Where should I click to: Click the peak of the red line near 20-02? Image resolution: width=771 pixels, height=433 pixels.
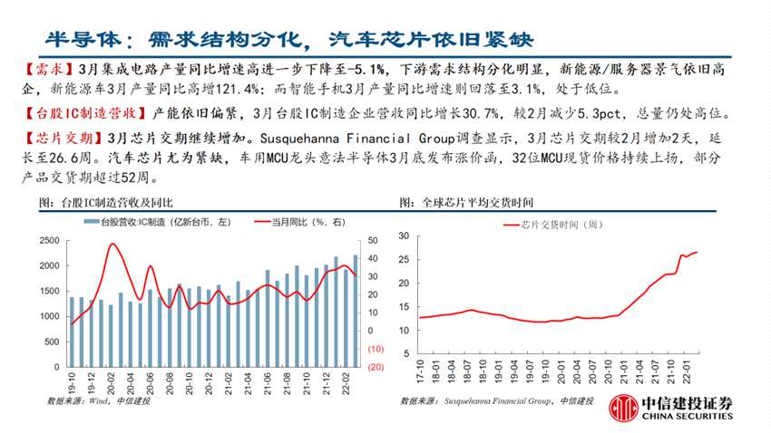[112, 244]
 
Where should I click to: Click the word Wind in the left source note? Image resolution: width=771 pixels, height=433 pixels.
[92, 400]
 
